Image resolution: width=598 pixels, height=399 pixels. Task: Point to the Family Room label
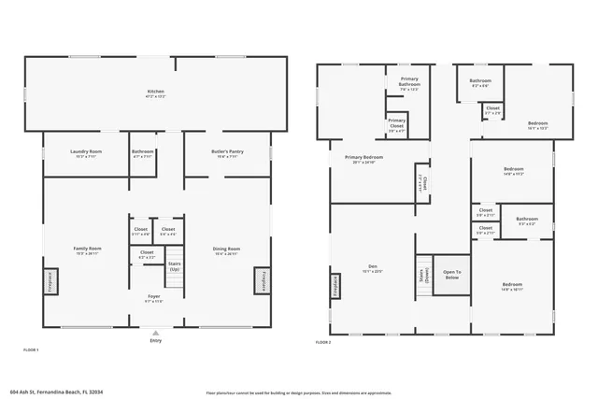click(88, 249)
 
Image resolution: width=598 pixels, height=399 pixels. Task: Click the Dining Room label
click(226, 249)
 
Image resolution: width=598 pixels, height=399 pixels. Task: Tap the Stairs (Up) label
click(174, 266)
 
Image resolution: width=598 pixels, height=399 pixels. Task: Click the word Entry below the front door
click(155, 340)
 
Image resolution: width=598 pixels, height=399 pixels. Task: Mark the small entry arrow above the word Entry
click(155, 331)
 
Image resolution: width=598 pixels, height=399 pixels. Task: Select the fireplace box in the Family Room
click(50, 280)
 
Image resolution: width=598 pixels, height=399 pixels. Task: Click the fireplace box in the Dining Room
click(261, 280)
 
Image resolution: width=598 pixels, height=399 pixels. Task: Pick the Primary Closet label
click(397, 125)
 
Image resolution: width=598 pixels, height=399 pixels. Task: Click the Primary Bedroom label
click(363, 159)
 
